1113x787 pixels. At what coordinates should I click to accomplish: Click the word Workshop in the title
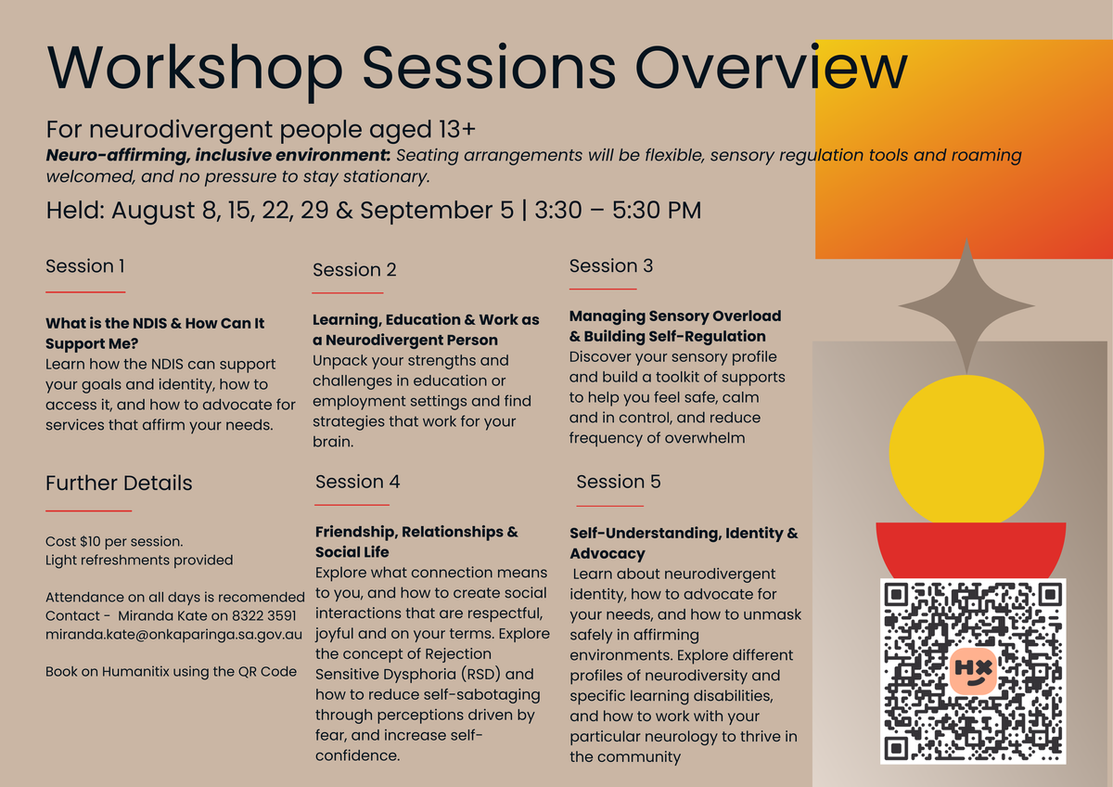(195, 69)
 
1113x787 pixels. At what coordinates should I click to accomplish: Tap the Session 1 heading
(85, 266)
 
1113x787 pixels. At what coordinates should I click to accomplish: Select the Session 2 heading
(354, 269)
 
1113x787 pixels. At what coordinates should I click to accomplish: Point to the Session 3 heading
(610, 266)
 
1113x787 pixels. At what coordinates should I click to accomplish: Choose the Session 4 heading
(357, 482)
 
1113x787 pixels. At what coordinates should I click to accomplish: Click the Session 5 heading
(618, 482)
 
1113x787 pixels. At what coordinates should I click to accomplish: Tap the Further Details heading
(119, 483)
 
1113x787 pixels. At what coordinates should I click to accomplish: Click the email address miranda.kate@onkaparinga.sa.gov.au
(173, 635)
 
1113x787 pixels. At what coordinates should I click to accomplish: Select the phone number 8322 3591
(263, 616)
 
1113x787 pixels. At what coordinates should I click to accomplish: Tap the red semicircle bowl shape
(971, 549)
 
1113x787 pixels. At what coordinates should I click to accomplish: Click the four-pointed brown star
(966, 306)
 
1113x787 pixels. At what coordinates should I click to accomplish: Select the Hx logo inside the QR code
(973, 671)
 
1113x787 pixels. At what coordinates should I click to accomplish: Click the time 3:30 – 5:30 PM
(618, 210)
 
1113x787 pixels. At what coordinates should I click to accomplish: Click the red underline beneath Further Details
(88, 510)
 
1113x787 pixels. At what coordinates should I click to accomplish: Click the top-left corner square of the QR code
(896, 595)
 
